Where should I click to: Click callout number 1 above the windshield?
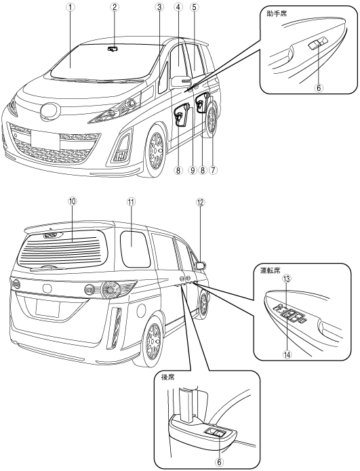pyautogui.click(x=70, y=7)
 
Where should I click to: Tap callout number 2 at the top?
pyautogui.click(x=114, y=7)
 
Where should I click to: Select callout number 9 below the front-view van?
pyautogui.click(x=193, y=170)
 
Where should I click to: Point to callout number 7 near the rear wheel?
pyautogui.click(x=213, y=170)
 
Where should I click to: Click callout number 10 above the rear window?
pyautogui.click(x=73, y=202)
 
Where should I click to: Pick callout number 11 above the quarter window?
pyautogui.click(x=131, y=202)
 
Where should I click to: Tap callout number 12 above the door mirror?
pyautogui.click(x=201, y=202)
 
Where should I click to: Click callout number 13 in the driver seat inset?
pyautogui.click(x=287, y=279)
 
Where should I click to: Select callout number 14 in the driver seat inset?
pyautogui.click(x=287, y=354)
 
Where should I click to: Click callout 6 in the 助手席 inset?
pyautogui.click(x=319, y=87)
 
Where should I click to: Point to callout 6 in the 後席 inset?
pyautogui.click(x=219, y=462)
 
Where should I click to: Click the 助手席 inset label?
pyautogui.click(x=277, y=14)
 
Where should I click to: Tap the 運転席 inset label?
pyautogui.click(x=270, y=270)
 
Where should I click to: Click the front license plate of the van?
pyautogui.click(x=45, y=140)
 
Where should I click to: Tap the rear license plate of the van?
pyautogui.click(x=47, y=308)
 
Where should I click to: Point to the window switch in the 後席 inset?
pyautogui.click(x=215, y=433)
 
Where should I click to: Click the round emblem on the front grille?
pyautogui.click(x=50, y=111)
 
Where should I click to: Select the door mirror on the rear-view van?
pyautogui.click(x=201, y=266)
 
